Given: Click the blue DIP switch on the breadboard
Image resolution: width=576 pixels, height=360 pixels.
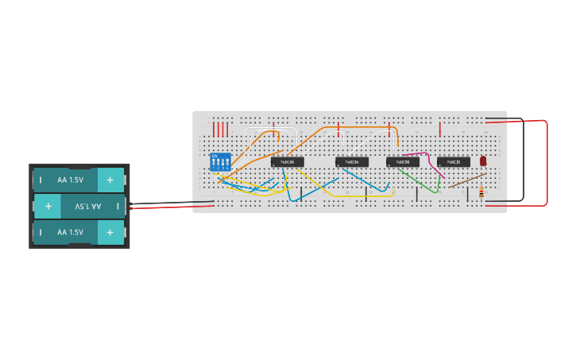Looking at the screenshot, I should (x=220, y=162).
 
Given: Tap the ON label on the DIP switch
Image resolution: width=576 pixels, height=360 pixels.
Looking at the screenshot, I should (x=215, y=156).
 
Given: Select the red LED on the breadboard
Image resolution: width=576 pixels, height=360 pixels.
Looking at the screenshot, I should (x=483, y=161).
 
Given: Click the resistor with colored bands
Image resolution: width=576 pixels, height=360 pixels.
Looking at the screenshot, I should (x=481, y=192).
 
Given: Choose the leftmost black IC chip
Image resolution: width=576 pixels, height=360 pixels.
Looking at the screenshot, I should (x=288, y=162).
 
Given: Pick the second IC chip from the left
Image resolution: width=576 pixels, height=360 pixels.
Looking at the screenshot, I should (x=351, y=162).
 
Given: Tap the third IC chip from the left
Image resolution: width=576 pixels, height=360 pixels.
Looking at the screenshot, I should (x=403, y=162).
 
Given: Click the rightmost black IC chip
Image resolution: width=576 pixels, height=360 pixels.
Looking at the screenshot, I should (x=454, y=162).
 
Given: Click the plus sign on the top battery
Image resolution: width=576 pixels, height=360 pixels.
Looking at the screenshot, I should (x=110, y=180).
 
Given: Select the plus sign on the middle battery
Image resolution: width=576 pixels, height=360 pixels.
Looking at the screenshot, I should (x=48, y=206).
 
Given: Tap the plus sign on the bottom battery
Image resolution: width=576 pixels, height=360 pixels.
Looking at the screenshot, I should (x=110, y=232).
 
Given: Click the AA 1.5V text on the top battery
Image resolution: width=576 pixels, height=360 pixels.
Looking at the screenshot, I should (x=70, y=180).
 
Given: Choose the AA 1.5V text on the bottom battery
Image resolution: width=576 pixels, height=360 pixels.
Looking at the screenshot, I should (x=70, y=232).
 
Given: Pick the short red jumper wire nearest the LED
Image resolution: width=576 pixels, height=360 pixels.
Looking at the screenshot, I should (x=440, y=129).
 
